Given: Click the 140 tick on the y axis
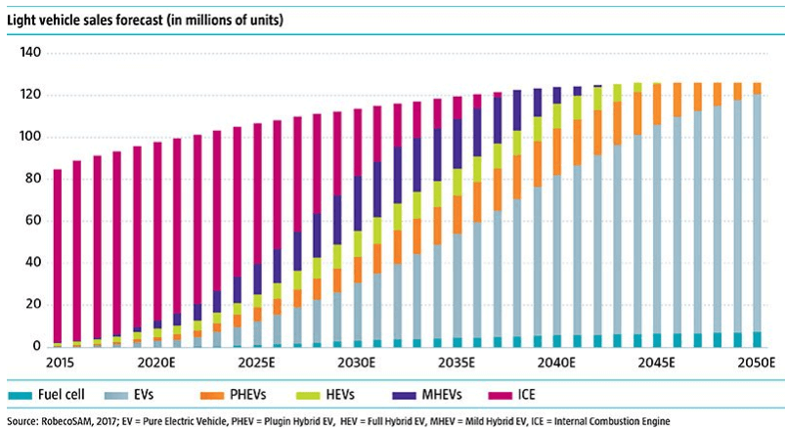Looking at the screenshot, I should tap(28, 54).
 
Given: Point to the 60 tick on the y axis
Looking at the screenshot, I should tap(32, 221).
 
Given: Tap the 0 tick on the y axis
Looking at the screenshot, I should tap(36, 347).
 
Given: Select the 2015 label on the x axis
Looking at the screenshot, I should tap(58, 363).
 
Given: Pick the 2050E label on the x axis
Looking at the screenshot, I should tap(754, 363).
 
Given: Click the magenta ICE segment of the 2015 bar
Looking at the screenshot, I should tap(58, 254).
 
